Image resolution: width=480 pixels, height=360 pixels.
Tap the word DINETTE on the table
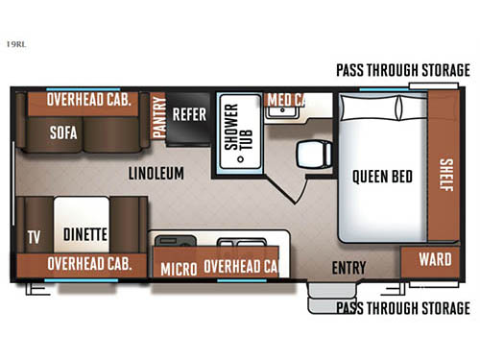84,233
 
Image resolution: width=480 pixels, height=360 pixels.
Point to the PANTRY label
157,118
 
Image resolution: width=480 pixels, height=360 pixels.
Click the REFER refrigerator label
189,111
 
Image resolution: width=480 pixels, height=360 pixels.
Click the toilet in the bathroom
310,153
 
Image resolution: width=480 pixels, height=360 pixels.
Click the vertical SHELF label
445,174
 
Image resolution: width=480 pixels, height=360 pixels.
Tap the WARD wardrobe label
435,259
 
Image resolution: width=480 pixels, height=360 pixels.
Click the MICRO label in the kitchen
179,267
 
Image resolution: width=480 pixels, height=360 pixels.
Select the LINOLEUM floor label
156,173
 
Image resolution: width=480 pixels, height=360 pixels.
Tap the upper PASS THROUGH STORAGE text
402,70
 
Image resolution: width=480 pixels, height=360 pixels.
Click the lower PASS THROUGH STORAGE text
402,308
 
